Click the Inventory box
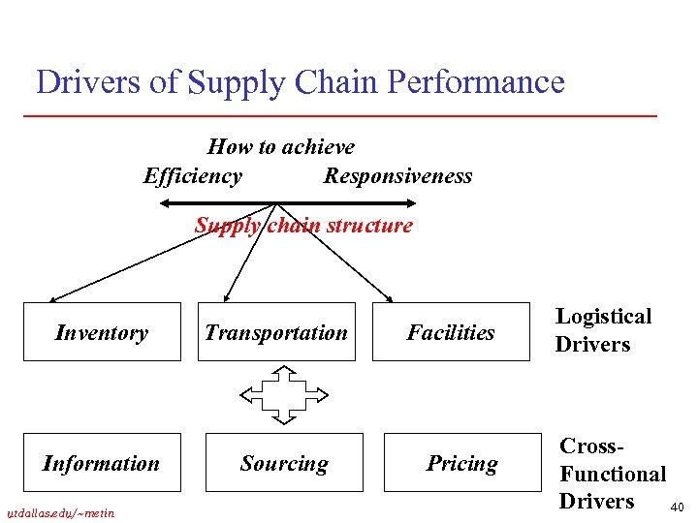pos(102,332)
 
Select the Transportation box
pos(276,332)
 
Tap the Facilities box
pos(451,332)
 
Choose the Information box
pos(102,463)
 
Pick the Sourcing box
pos(284,463)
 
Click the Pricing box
pos(462,463)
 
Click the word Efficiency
pos(192,175)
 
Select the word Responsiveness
pos(397,175)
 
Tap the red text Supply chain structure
pos(303,226)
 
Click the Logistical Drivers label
pos(603,330)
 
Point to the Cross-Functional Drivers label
pos(612,474)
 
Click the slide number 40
pos(677,508)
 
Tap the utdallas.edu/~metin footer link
pos(60,512)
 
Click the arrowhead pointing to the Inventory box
pos(54,299)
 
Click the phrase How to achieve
pos(281,147)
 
